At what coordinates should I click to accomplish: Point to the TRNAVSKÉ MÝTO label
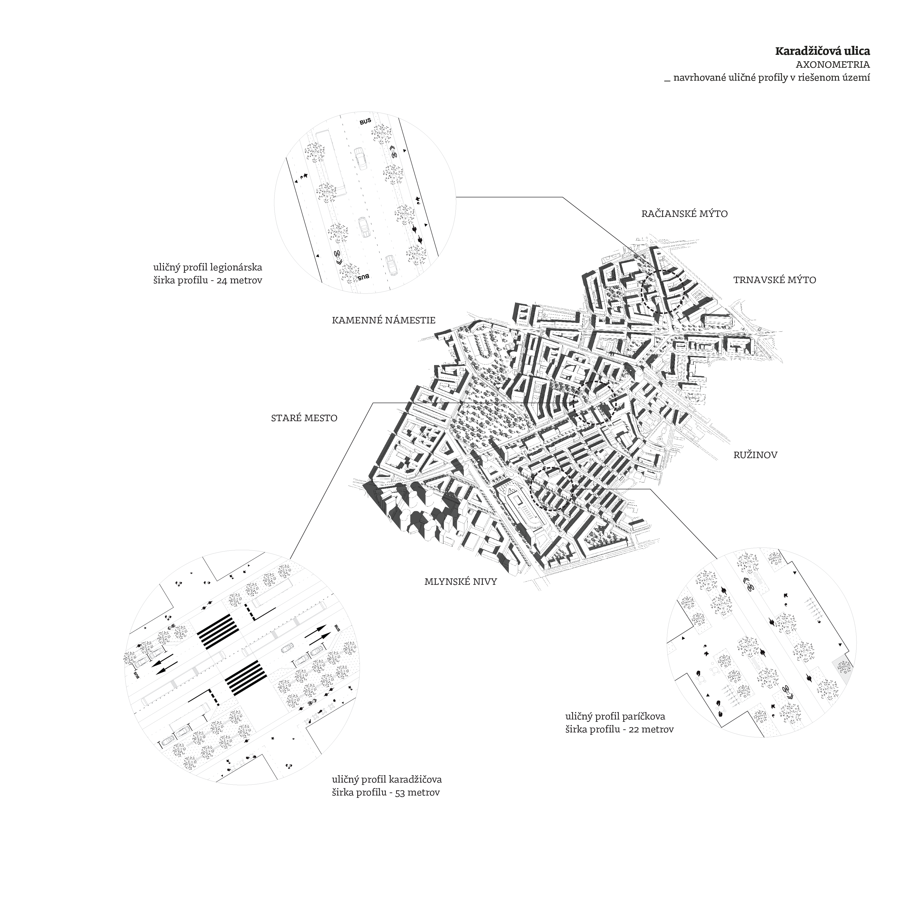point(774,280)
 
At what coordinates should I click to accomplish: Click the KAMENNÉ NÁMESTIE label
point(383,321)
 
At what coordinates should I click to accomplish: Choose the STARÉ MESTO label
point(304,418)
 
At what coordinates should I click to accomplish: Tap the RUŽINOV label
point(755,455)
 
